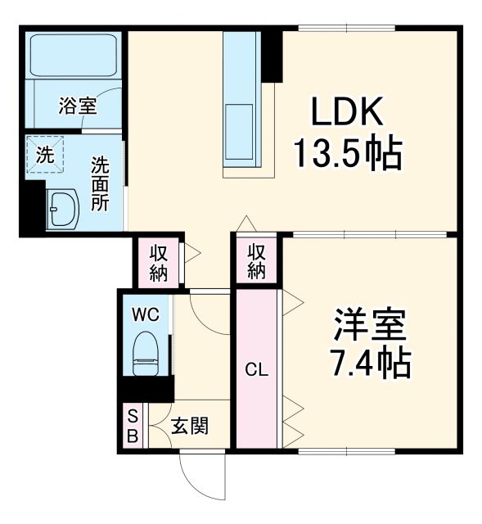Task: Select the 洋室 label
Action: point(369,326)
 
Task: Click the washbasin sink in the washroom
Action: point(61,210)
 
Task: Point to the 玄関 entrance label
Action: point(189,426)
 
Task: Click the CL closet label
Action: point(258,369)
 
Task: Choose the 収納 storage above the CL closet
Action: point(257,260)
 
